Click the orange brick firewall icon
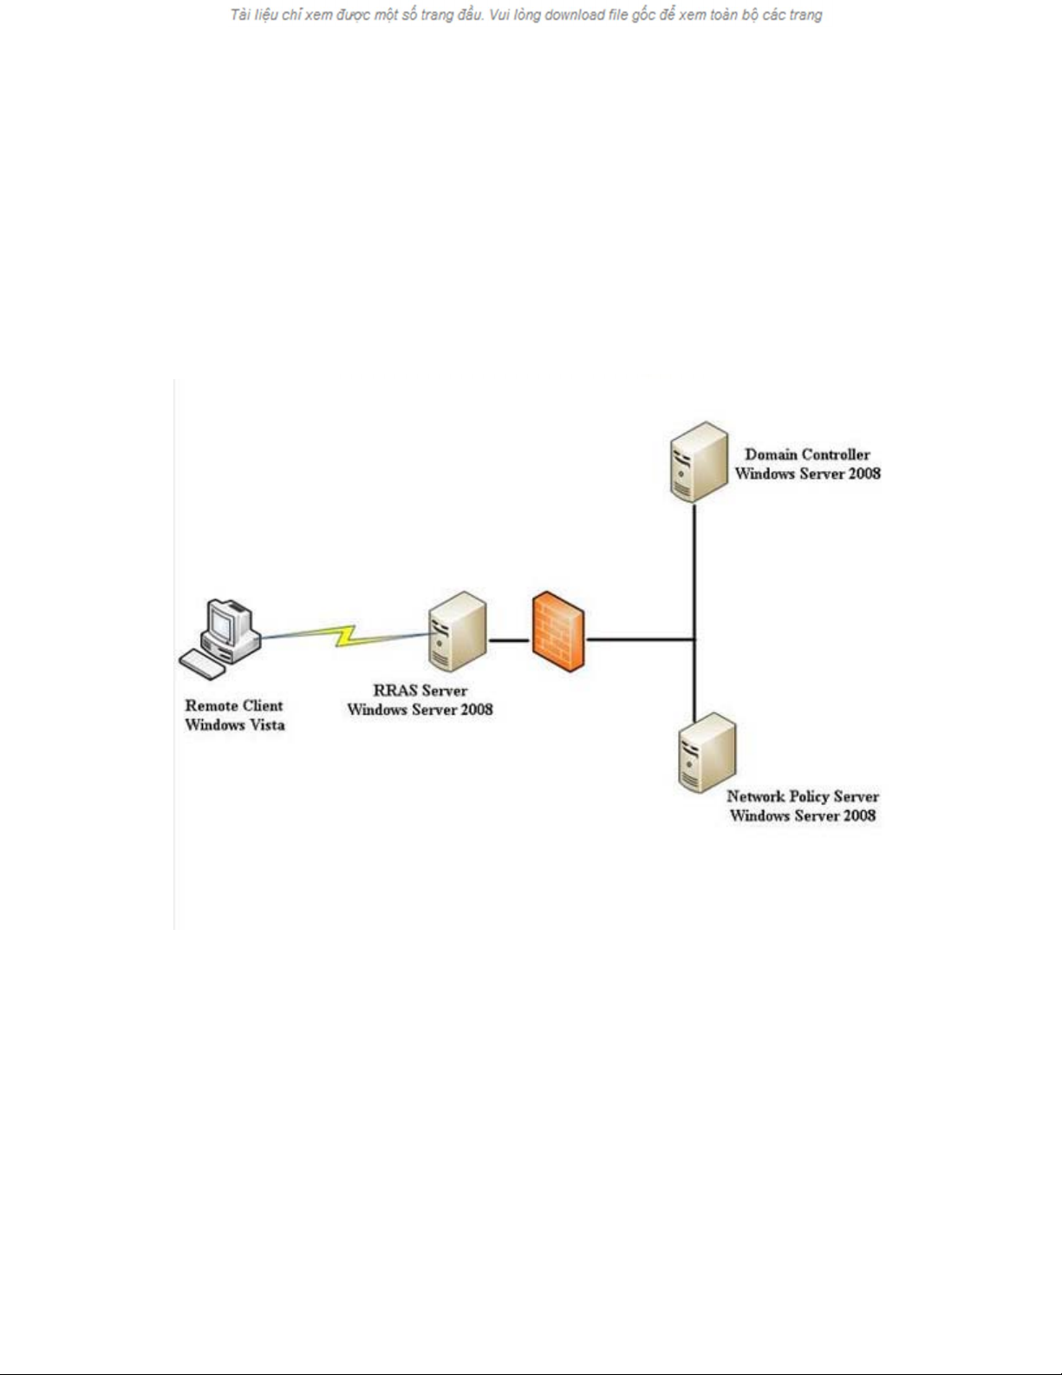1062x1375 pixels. click(558, 632)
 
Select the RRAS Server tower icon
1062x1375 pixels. click(457, 632)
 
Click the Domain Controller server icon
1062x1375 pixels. click(698, 462)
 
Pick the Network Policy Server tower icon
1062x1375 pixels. click(707, 752)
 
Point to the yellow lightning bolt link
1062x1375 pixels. click(347, 636)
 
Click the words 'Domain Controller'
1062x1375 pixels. click(807, 455)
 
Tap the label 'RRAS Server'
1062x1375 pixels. click(420, 691)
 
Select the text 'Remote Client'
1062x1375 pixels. click(233, 706)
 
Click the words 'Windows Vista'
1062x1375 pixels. click(234, 725)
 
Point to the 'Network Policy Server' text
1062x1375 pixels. click(802, 796)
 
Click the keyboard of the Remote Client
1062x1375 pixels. click(202, 665)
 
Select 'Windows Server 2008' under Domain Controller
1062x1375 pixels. click(807, 474)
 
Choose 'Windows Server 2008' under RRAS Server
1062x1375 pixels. click(420, 710)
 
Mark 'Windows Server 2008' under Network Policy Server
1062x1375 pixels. click(802, 815)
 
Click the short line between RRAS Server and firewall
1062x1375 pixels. click(509, 640)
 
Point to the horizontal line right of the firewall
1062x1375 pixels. click(640, 640)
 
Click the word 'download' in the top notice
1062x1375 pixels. click(575, 15)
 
